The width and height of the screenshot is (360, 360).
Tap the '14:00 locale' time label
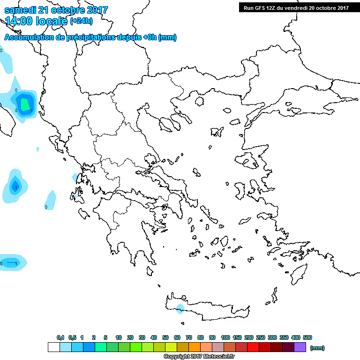[x=37, y=21]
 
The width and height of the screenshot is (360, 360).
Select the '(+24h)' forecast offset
[x=81, y=21]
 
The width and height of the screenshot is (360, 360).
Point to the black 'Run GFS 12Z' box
[x=296, y=7]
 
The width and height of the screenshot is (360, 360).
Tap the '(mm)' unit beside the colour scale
[x=317, y=348]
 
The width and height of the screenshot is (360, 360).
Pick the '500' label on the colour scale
[x=307, y=337]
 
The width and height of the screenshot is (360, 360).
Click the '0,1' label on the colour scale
[x=60, y=337]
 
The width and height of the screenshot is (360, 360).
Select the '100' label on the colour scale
[x=225, y=337]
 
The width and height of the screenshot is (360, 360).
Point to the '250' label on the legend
[x=260, y=337]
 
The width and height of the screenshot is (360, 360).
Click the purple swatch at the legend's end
[x=300, y=347]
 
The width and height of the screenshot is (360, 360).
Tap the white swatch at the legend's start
[x=54, y=347]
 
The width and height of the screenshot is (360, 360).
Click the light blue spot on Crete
[x=180, y=307]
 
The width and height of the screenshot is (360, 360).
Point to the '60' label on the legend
[x=177, y=337]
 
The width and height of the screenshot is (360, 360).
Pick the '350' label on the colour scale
[x=284, y=337]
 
